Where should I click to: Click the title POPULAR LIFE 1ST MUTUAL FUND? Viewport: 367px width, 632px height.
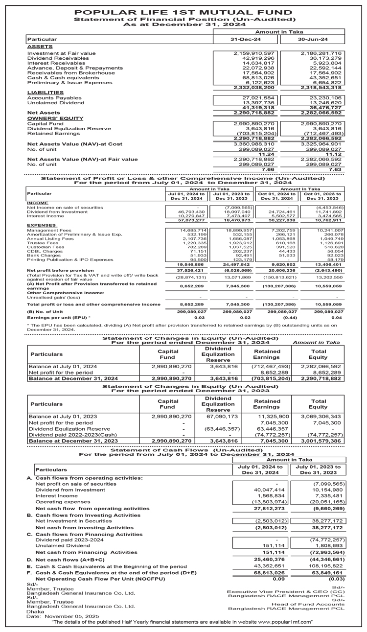point(183,11)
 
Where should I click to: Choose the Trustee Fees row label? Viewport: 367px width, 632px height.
point(43,243)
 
